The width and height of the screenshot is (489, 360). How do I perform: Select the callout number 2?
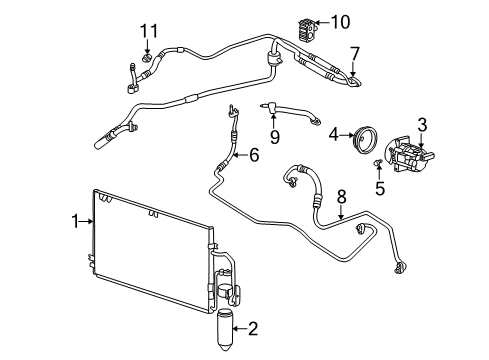254,327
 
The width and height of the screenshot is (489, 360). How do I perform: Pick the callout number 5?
378,184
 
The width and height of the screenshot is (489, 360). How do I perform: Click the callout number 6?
254,154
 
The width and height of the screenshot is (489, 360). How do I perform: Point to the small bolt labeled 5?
376,163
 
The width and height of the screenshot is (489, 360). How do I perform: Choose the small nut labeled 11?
146,57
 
